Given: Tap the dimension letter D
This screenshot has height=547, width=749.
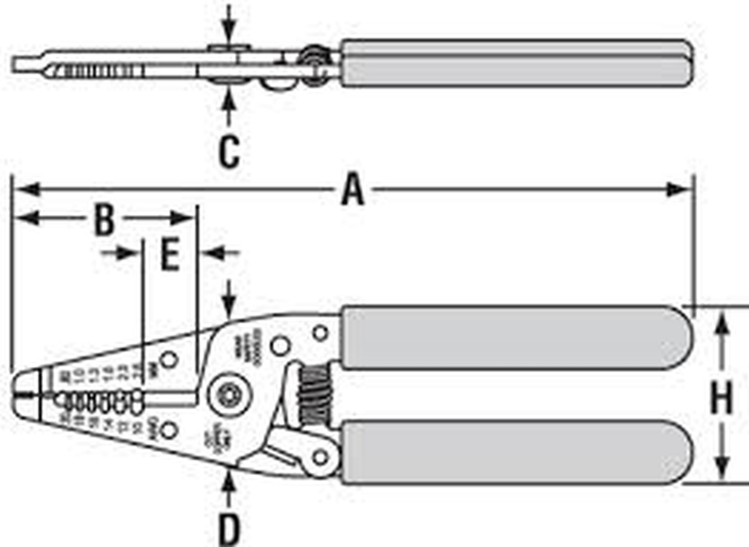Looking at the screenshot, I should point(229,529).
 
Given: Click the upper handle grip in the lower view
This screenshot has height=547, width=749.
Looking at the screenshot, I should point(515,337).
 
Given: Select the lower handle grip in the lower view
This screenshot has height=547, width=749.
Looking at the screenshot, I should point(515,452).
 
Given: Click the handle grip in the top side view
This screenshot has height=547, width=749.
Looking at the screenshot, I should point(515,63).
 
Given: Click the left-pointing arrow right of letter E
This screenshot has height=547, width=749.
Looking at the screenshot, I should point(213,254).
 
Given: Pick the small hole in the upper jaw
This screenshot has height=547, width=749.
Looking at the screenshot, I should point(169,360).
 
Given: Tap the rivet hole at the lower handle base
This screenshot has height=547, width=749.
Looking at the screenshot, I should point(320,456).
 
